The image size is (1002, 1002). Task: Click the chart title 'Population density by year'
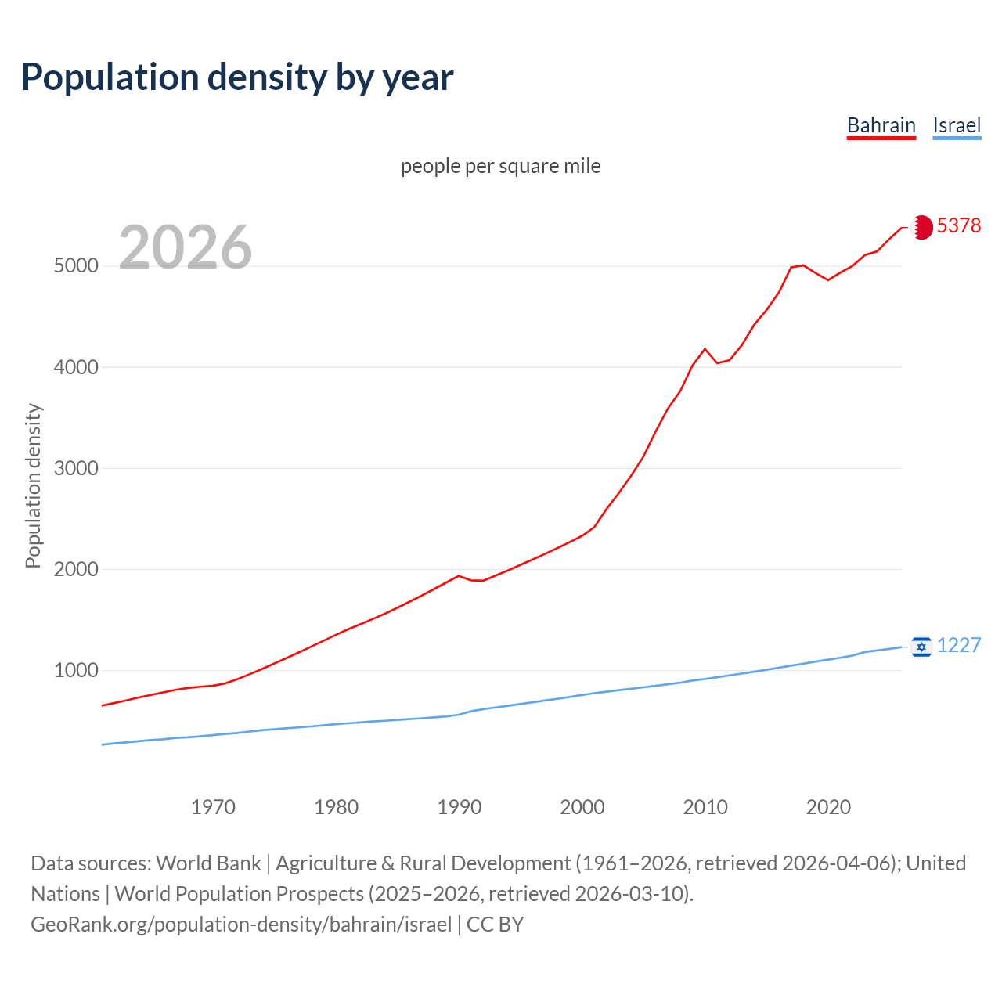coord(237,77)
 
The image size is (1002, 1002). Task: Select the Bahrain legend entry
coord(881,125)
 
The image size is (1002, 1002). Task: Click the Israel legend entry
coord(957,125)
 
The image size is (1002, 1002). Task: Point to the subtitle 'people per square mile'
coord(500,166)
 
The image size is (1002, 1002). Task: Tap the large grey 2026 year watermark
coord(186,247)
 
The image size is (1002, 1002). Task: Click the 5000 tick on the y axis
coord(76,266)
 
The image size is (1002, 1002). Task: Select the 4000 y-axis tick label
coord(76,367)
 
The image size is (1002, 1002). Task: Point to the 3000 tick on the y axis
coord(76,468)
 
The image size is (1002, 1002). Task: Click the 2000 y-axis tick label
coord(76,569)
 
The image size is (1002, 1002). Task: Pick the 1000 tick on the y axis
coord(76,671)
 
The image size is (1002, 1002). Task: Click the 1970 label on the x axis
coord(213,807)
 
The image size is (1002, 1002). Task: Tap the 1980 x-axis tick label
coord(336,807)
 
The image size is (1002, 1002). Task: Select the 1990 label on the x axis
coord(460,807)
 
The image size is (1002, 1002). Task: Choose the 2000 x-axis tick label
coord(582,807)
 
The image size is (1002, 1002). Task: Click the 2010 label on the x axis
coord(705,807)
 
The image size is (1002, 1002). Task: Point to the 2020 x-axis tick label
coord(828,807)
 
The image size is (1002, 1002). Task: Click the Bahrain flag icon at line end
coord(922,227)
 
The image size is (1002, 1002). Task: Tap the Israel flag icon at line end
coord(922,647)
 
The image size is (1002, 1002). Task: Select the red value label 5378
coord(959,225)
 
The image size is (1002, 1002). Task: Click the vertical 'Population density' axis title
coord(33,485)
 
